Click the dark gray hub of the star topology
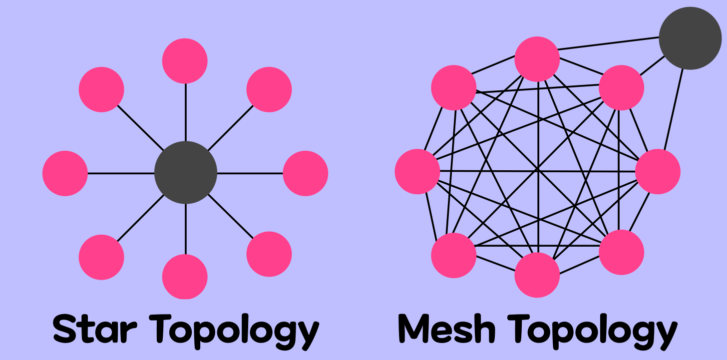coord(186,173)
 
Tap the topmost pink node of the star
coord(185,61)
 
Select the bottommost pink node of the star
coord(185,276)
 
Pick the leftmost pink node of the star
coord(65,173)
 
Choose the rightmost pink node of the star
coord(305,173)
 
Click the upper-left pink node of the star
coord(101,89)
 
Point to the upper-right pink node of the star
coord(269,89)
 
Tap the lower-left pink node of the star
coord(101,257)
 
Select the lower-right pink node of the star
coord(269,254)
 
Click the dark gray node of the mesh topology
coord(690,38)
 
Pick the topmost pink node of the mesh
coord(537,59)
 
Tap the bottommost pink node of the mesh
coord(537,275)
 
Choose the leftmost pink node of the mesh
coord(417,171)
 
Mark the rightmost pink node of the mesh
coord(658,171)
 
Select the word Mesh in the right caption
coord(447,329)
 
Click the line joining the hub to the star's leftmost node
coord(121,173)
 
